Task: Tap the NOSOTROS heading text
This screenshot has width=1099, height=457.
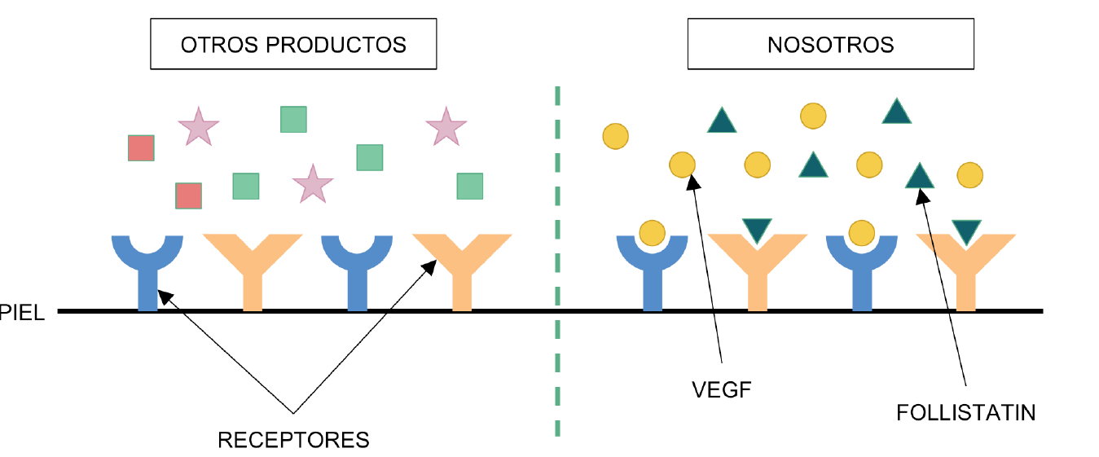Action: pos(830,45)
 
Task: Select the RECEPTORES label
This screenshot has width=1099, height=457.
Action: pos(293,441)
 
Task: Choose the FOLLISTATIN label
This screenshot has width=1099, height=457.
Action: pos(965,413)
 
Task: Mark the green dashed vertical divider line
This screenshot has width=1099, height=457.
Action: pos(557,261)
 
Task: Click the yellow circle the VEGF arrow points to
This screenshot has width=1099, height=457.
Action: pos(683,165)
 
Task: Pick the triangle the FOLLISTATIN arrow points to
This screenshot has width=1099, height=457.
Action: pos(919,176)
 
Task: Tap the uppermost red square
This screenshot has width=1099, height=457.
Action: pos(141,148)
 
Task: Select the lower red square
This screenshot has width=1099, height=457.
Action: pos(189,196)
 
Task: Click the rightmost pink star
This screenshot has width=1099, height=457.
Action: pos(446,127)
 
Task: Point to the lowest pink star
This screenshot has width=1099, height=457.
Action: pos(313,184)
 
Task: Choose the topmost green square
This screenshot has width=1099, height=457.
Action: pos(293,119)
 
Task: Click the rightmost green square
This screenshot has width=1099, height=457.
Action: pos(469,186)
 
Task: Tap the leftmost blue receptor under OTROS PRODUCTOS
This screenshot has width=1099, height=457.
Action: pos(147,269)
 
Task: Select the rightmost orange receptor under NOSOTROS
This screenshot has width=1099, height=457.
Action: pos(966,273)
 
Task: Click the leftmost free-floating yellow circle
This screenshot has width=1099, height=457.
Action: pos(616,135)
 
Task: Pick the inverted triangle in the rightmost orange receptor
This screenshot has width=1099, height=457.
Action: pos(966,231)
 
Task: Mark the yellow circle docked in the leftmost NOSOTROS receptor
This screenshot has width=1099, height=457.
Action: pos(652,233)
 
